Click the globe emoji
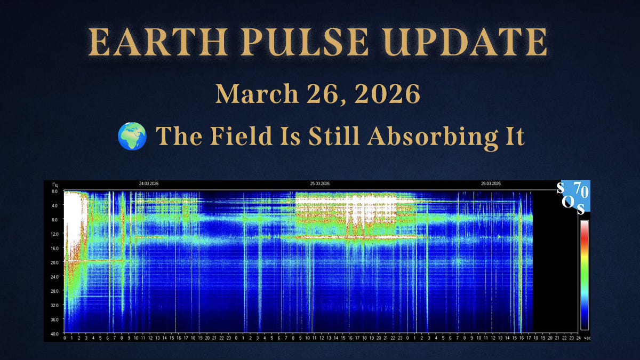point(132,137)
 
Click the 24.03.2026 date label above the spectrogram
point(149,183)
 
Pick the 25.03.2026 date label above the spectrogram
point(320,183)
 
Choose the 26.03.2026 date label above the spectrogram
point(491,183)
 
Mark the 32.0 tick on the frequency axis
point(54,306)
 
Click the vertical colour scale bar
point(585,275)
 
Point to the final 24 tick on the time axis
point(578,338)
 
